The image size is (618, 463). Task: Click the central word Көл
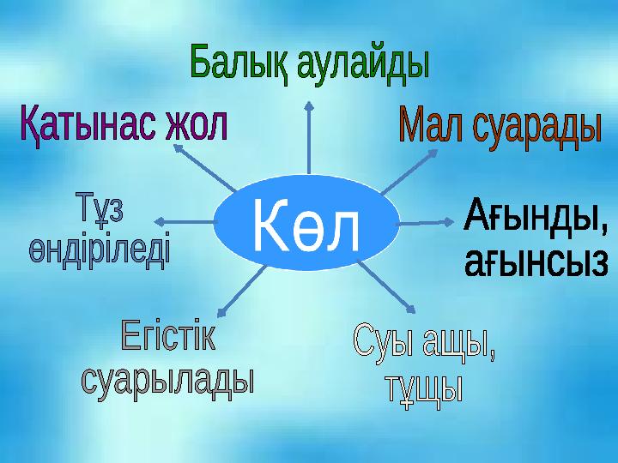click(306, 225)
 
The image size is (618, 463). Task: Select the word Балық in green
click(240, 63)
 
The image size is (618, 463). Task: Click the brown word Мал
click(431, 125)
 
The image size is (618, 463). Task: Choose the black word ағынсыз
click(536, 263)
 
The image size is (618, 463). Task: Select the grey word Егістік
click(168, 334)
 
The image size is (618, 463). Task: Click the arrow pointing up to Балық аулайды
click(309, 137)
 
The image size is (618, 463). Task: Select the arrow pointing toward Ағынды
click(427, 223)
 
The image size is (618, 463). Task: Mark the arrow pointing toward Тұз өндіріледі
click(185, 222)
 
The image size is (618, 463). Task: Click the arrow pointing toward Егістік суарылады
click(242, 291)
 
